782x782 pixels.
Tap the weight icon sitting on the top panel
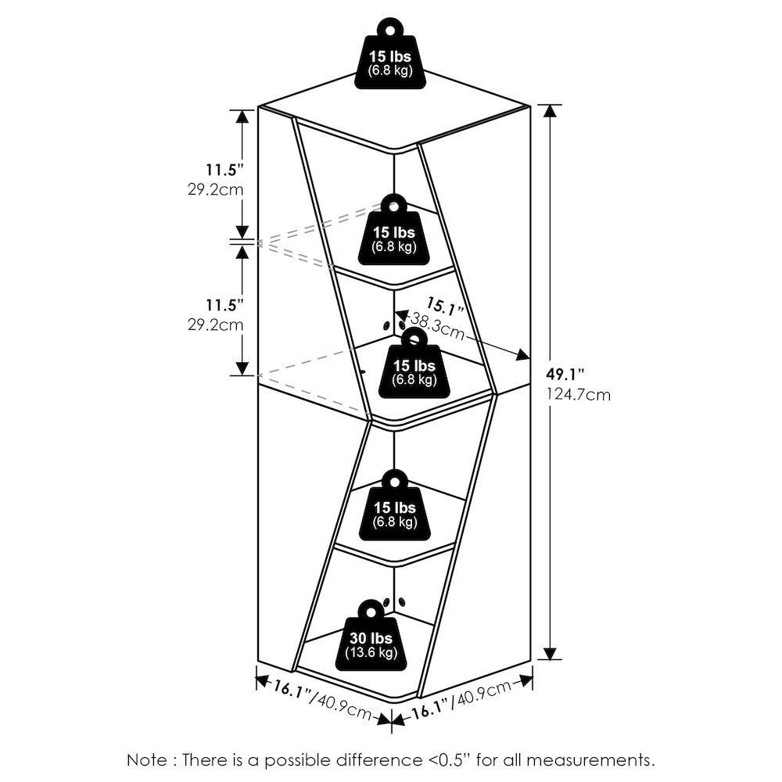pyautogui.click(x=390, y=54)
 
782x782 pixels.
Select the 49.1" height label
pyautogui.click(x=565, y=374)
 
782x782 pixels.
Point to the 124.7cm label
pyautogui.click(x=579, y=395)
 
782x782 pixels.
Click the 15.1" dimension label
pyautogui.click(x=445, y=307)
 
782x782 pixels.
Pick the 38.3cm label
pyautogui.click(x=437, y=326)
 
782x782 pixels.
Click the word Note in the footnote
pyautogui.click(x=147, y=760)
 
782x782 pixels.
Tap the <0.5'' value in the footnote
pyautogui.click(x=449, y=760)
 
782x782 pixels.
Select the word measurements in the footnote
pyautogui.click(x=590, y=761)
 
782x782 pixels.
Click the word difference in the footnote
pyautogui.click(x=378, y=760)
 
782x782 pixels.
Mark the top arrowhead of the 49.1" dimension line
pyautogui.click(x=550, y=111)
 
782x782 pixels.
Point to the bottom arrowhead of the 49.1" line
pyautogui.click(x=550, y=653)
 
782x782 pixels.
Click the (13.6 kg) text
pyautogui.click(x=371, y=652)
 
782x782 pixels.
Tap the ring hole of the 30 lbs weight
pyautogui.click(x=371, y=611)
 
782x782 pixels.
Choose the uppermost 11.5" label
pyautogui.click(x=225, y=170)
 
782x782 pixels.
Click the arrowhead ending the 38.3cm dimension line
pyautogui.click(x=522, y=354)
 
